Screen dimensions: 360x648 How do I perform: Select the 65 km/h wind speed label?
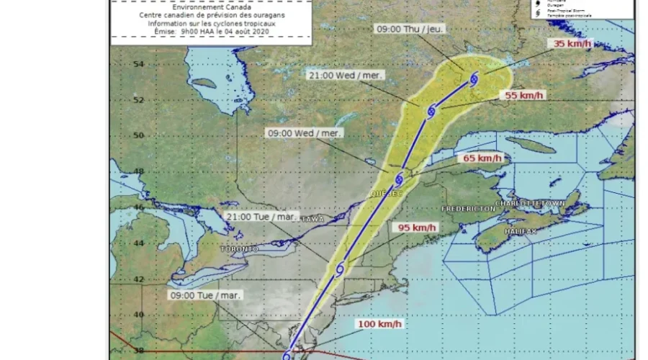pos(482,158)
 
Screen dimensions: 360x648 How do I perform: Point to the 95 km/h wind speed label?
pos(418,228)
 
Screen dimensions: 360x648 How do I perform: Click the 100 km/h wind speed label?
pos(379,324)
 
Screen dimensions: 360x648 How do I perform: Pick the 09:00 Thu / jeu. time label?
pos(410,28)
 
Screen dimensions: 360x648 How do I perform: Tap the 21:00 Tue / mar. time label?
pos(262,215)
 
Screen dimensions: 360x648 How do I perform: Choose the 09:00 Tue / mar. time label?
pos(206,294)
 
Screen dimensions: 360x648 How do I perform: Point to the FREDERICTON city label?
pos(468,208)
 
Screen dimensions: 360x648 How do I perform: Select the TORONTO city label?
pos(240,248)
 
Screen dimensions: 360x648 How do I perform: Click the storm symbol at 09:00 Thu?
pos(474,80)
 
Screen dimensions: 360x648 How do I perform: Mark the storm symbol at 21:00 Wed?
pos(431,112)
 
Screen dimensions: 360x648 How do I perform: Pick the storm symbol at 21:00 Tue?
pos(339,269)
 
